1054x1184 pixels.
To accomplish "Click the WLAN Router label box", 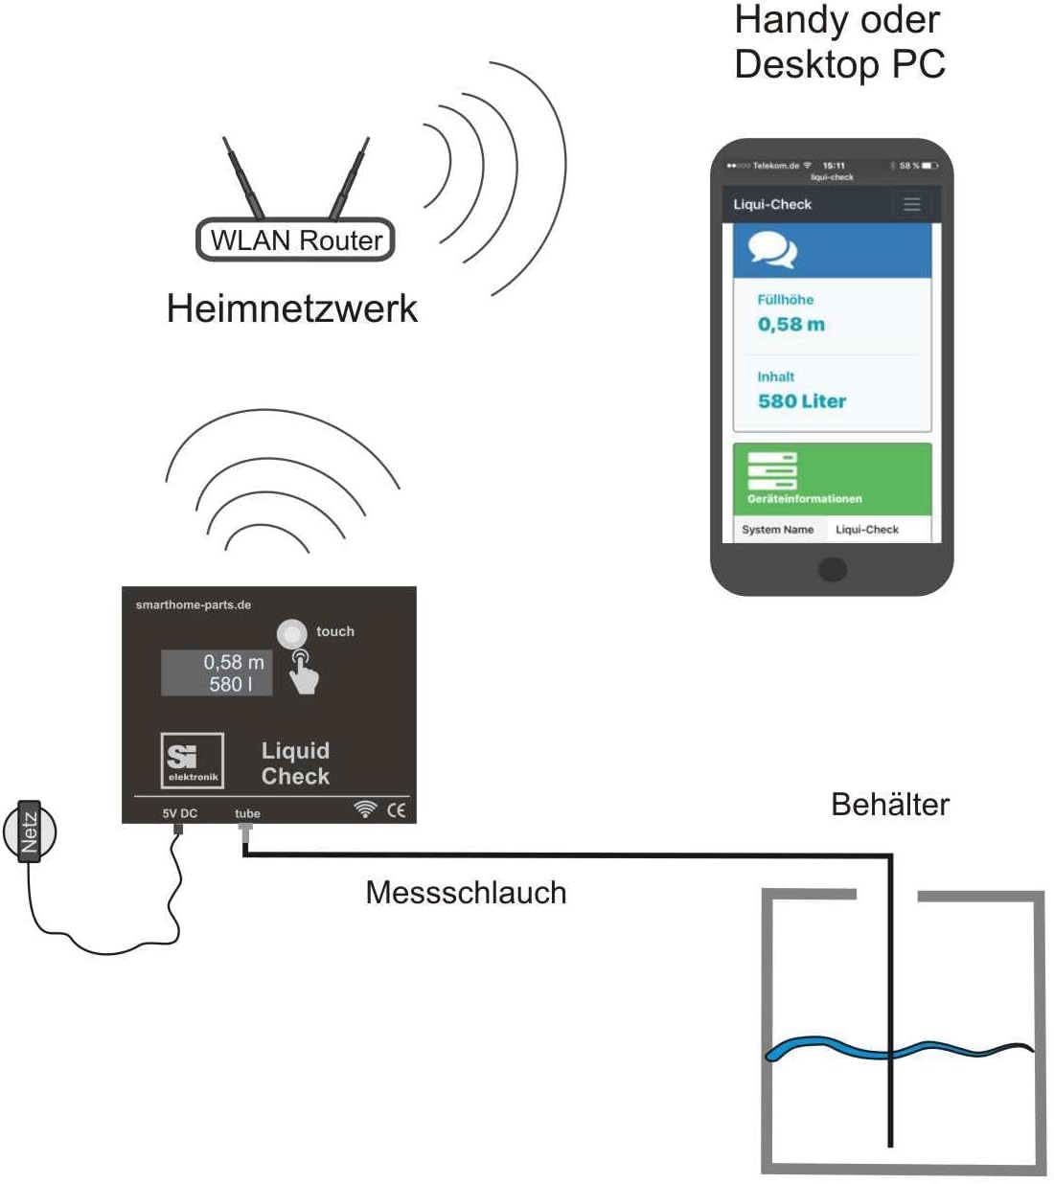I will [x=295, y=239].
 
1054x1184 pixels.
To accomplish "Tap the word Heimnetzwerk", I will [x=292, y=308].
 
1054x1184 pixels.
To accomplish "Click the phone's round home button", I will [x=832, y=569].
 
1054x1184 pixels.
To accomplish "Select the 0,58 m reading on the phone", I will [x=790, y=325].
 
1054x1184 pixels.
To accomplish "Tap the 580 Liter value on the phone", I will [x=802, y=401].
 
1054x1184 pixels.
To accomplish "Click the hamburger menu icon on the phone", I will [x=911, y=204].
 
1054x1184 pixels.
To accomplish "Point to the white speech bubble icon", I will [x=772, y=250].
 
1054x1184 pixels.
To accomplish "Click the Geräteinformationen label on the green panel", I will [x=804, y=499].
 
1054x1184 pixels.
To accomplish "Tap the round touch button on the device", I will [x=291, y=633].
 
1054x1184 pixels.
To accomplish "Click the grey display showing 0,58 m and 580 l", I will [x=217, y=672].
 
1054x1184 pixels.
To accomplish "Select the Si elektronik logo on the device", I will [x=193, y=761].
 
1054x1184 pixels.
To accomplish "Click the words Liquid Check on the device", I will [x=295, y=763].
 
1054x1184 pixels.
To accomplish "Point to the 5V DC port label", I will [x=179, y=813].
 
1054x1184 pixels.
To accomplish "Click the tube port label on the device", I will [x=247, y=813].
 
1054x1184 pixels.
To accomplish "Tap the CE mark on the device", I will [x=396, y=810].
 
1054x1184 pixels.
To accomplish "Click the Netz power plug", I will [x=30, y=831].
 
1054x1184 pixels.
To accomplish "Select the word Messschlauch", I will [x=466, y=893].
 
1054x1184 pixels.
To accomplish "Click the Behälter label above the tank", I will [x=890, y=805].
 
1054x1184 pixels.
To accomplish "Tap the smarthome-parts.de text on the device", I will [x=194, y=604].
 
